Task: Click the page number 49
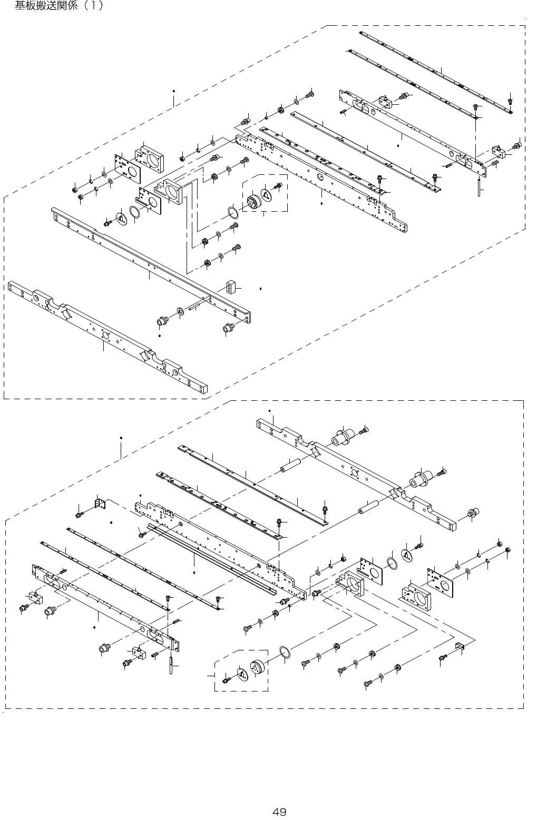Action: [x=279, y=812]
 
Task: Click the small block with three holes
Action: [x=230, y=288]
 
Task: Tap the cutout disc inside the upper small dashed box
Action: [x=266, y=194]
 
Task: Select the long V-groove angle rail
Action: [x=212, y=559]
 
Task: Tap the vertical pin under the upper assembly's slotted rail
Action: [x=479, y=186]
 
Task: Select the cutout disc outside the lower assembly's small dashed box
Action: [x=407, y=555]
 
